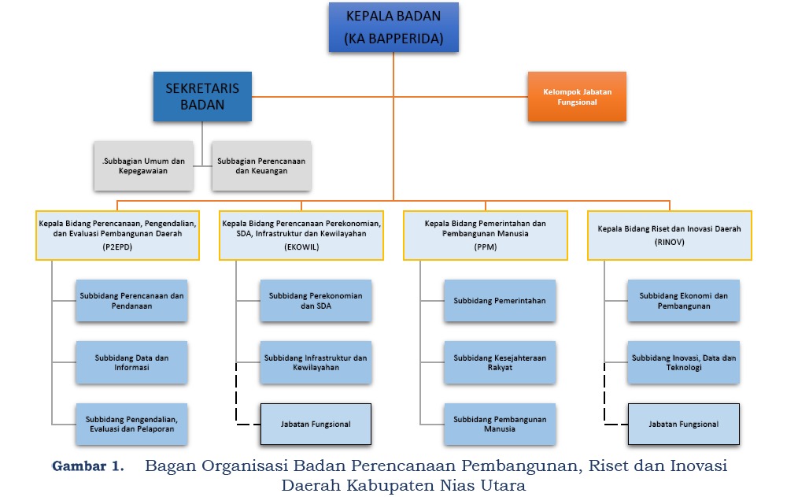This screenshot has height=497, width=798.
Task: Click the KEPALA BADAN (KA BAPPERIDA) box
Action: [393, 27]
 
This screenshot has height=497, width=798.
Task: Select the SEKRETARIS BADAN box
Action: [202, 97]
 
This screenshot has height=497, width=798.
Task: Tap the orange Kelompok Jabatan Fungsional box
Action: [577, 97]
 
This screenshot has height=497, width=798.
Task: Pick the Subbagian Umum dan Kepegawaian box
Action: [142, 166]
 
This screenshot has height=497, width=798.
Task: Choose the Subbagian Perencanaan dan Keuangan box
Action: [261, 166]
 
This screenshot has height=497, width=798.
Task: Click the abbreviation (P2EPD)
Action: [116, 247]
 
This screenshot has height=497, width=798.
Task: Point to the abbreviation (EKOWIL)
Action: [301, 247]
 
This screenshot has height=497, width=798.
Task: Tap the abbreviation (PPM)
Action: [485, 247]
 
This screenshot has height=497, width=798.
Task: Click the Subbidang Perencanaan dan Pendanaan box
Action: [131, 301]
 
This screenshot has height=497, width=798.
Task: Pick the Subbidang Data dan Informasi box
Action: [131, 362]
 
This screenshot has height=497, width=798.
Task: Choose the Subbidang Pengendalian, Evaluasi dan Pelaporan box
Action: [131, 425]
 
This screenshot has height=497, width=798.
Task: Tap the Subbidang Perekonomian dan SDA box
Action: [316, 301]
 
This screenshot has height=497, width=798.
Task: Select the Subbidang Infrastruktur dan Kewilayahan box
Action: [316, 362]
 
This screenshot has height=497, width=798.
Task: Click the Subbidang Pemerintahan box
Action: [500, 301]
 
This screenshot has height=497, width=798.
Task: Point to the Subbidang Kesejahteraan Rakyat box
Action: [500, 362]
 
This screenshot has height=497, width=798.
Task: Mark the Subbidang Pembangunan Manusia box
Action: [500, 425]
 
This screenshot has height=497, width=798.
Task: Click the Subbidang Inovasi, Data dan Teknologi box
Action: [684, 362]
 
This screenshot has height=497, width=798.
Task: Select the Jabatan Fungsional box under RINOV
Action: [684, 425]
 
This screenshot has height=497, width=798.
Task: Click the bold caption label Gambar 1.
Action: [88, 465]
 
